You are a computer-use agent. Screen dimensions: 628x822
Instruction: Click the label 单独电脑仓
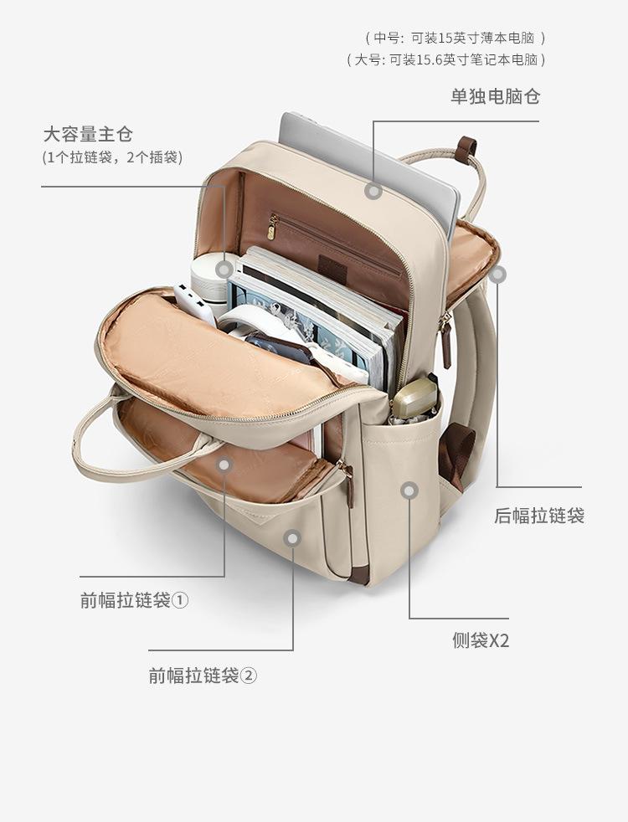pos(496,96)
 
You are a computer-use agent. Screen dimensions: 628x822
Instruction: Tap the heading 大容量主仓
pos(88,134)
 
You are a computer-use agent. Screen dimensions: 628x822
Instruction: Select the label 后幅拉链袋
pos(539,516)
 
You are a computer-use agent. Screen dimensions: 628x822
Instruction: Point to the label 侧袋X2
pos(481,641)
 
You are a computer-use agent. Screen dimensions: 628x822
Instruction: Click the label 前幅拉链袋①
pos(135,600)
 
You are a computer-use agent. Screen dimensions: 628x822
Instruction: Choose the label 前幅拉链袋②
pos(203,675)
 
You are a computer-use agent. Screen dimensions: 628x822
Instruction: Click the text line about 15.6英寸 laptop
pos(446,59)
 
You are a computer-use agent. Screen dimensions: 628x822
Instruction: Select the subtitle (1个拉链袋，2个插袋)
pos(112,157)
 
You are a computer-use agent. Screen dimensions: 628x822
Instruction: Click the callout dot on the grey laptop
pos(374,191)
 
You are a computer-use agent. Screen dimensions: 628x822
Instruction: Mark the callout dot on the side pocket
pos(409,491)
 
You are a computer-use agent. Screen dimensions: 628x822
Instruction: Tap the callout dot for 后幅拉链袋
pos(497,274)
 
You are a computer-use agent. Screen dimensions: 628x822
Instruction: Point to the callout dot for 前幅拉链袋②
pos(292,538)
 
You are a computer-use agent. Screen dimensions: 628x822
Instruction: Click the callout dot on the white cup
pos(224,269)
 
